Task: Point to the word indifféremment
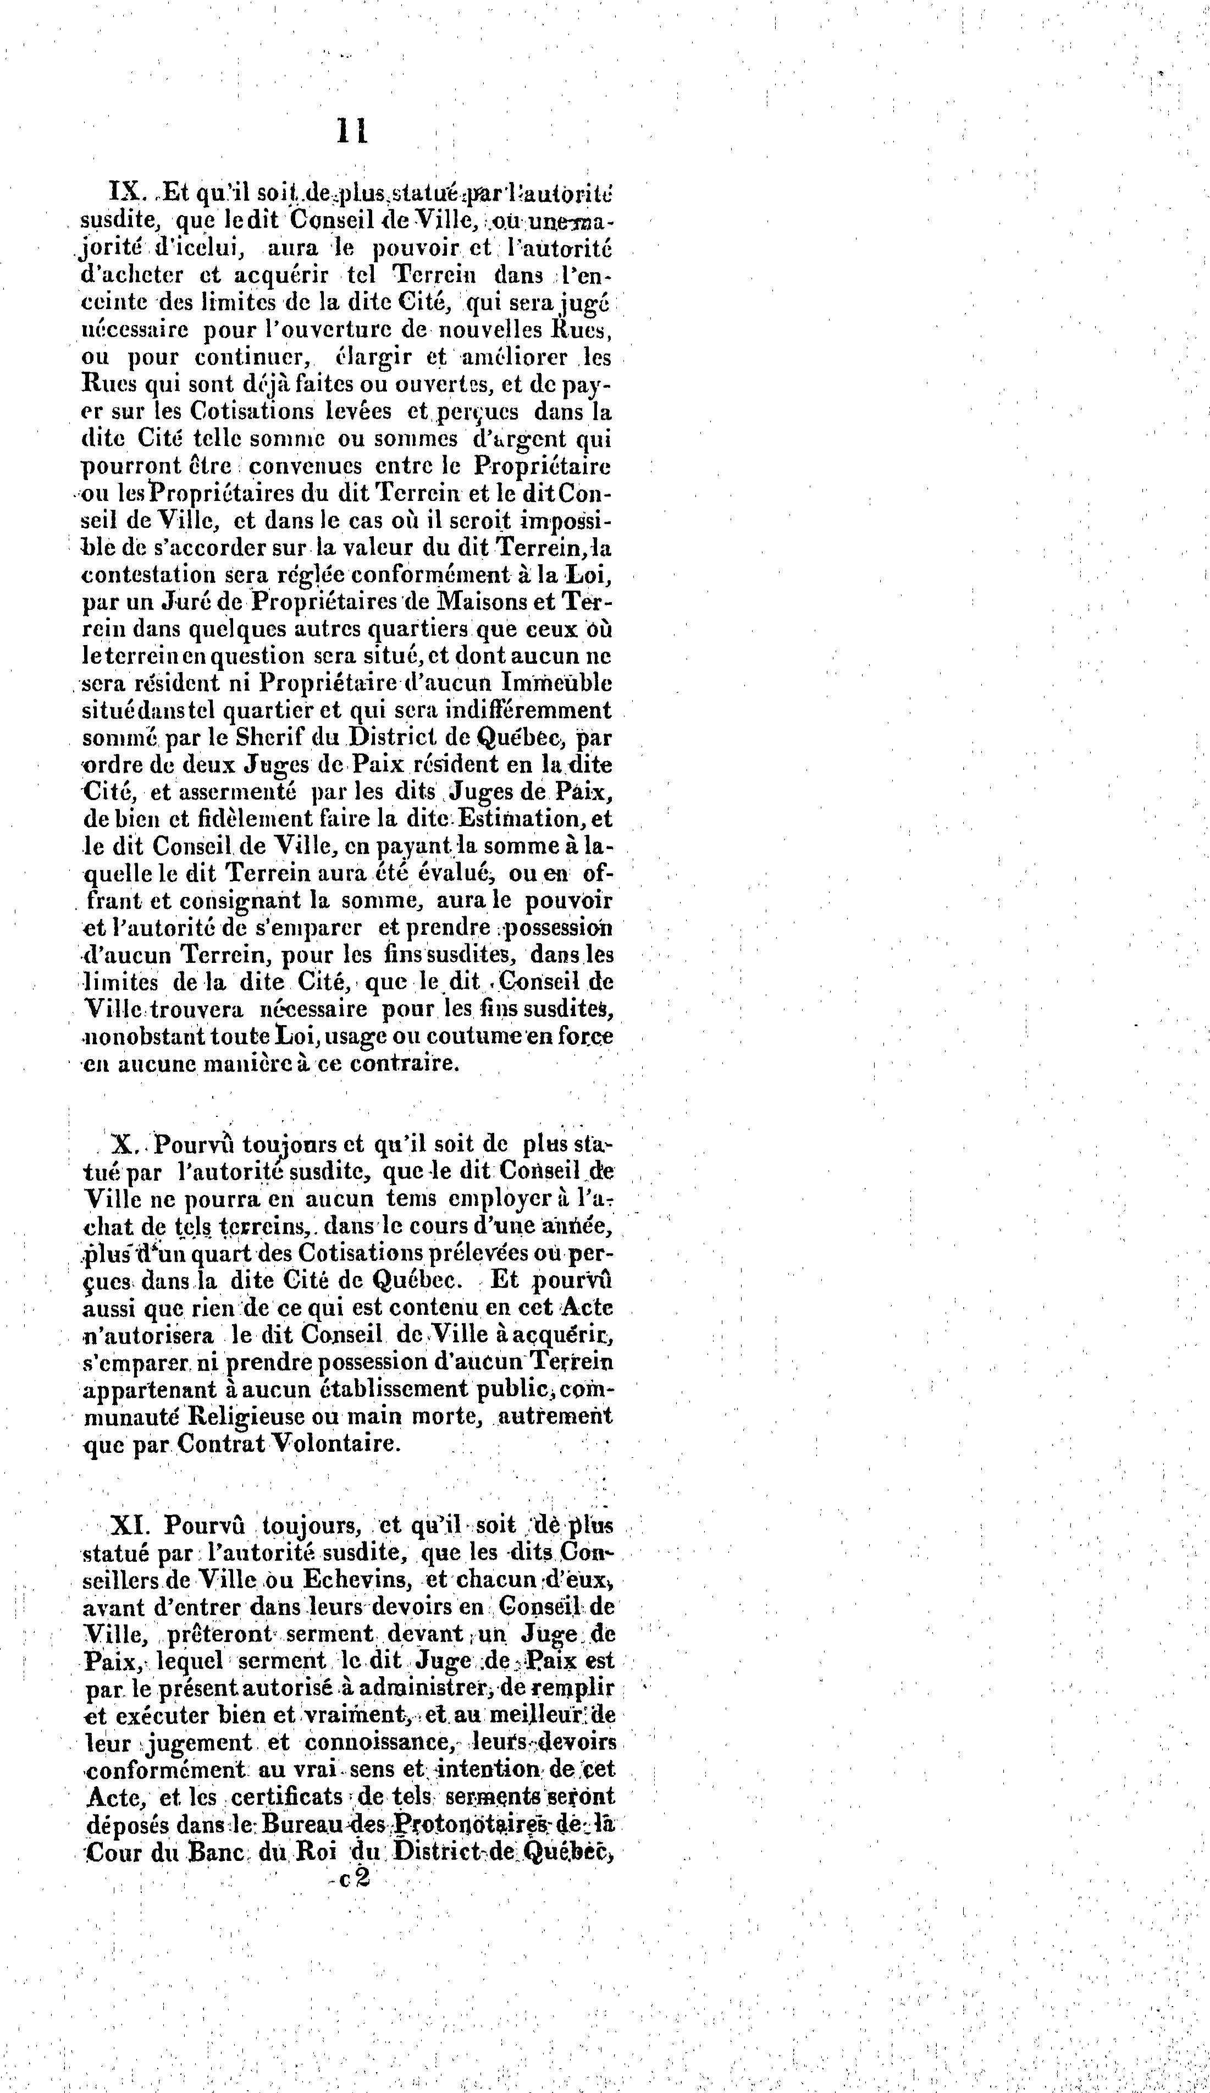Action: point(529,710)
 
